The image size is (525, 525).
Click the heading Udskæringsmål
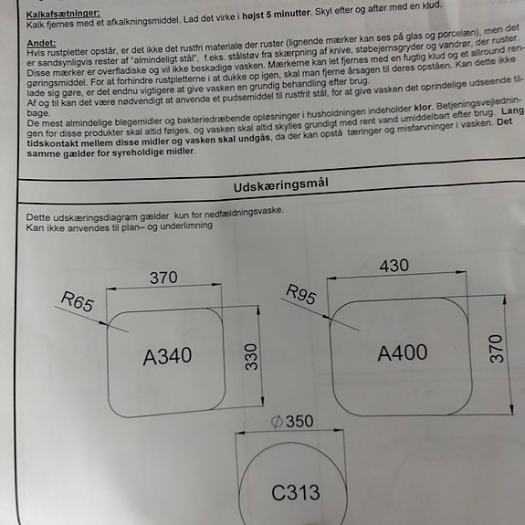click(280, 185)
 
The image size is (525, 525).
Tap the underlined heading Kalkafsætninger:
click(63, 14)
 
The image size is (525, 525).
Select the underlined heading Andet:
click(41, 43)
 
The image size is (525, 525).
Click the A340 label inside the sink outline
click(167, 356)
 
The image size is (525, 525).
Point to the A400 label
click(402, 352)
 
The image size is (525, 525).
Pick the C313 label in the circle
click(295, 492)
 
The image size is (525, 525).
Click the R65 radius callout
click(78, 301)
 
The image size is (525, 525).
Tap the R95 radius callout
click(301, 294)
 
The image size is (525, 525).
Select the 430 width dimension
click(394, 266)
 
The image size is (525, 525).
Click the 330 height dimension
click(251, 357)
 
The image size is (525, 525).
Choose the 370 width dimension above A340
click(163, 278)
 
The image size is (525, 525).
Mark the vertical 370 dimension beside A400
click(496, 349)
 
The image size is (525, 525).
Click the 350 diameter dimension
click(299, 421)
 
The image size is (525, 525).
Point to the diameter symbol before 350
click(277, 422)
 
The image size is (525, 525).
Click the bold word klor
click(424, 108)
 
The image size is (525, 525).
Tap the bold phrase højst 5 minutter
click(277, 15)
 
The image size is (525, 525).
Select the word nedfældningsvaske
click(244, 213)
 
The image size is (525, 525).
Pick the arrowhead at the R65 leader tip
click(104, 323)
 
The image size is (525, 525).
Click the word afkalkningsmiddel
click(142, 22)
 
